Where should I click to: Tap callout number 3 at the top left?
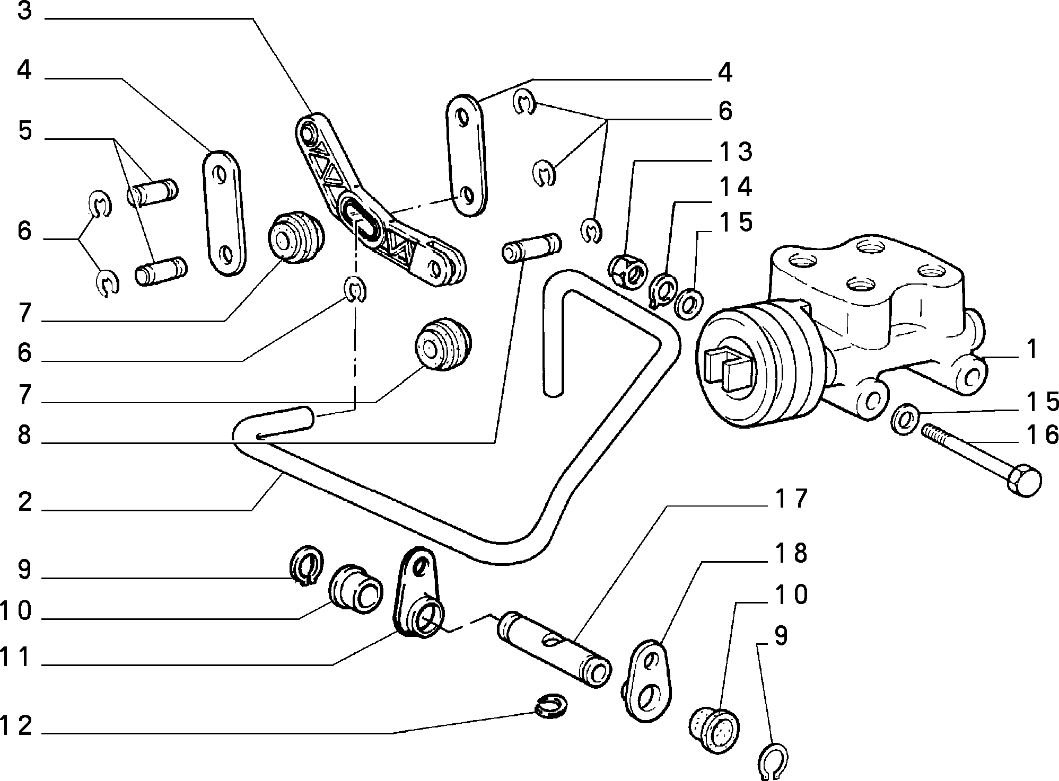[x=25, y=12]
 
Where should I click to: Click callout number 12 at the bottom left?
[x=17, y=725]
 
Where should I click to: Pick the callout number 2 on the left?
[x=25, y=502]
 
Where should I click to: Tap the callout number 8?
[x=25, y=436]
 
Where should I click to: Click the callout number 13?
[x=736, y=152]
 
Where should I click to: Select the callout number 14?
[x=736, y=187]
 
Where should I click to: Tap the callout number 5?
[x=25, y=131]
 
